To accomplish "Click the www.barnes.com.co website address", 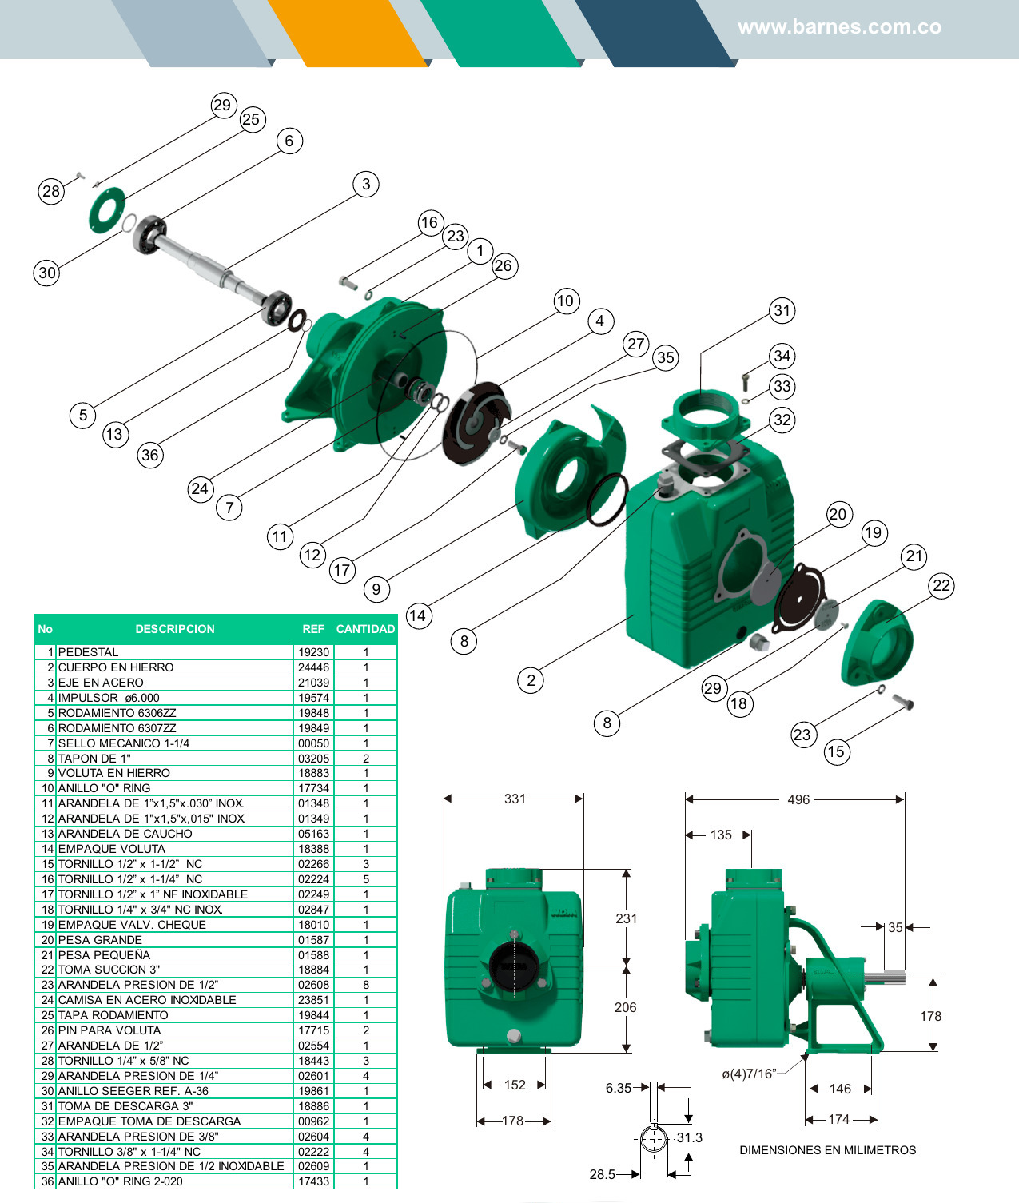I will [x=839, y=27].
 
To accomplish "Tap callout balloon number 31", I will [x=782, y=311].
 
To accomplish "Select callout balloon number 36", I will [x=149, y=455].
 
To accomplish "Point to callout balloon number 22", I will [x=941, y=585].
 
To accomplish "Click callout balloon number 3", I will [x=366, y=184].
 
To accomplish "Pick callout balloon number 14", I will [x=417, y=615].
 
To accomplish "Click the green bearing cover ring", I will [x=107, y=210].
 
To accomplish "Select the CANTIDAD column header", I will [x=365, y=629].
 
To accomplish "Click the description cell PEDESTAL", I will [x=88, y=652].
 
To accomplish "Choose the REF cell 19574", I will [x=313, y=698].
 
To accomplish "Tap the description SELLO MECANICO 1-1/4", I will [x=124, y=743].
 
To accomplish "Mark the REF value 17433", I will [x=313, y=1181].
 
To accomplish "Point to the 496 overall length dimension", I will [x=798, y=799].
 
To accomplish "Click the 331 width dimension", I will [x=515, y=799].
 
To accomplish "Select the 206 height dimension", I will [x=626, y=1007].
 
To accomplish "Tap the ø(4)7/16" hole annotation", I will [x=749, y=1074].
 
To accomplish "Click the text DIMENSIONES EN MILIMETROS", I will [x=827, y=1150].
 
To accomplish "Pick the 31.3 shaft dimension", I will [x=689, y=1137].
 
